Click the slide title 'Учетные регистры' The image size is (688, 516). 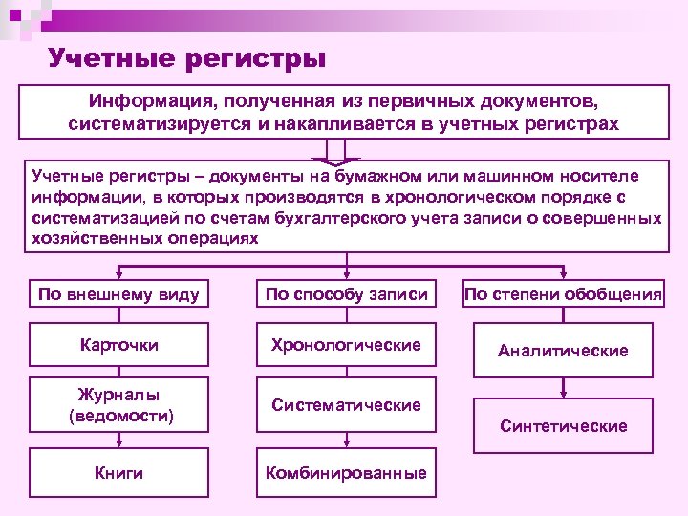(x=187, y=59)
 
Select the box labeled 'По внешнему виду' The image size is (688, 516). (x=118, y=294)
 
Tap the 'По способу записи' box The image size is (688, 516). (x=346, y=294)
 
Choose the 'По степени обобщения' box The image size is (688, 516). (x=563, y=294)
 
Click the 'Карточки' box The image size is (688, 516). (x=119, y=344)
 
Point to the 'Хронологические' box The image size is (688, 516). (x=346, y=344)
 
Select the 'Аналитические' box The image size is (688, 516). (x=563, y=351)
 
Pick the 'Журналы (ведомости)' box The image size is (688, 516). (x=119, y=405)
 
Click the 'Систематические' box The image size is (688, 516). (x=346, y=405)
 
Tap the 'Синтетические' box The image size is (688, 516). (x=563, y=425)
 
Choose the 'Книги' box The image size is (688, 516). (x=119, y=472)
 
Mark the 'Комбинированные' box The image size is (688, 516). (x=346, y=472)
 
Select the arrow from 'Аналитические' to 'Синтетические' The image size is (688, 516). (x=563, y=388)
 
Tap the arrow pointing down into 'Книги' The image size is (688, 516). (x=119, y=440)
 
